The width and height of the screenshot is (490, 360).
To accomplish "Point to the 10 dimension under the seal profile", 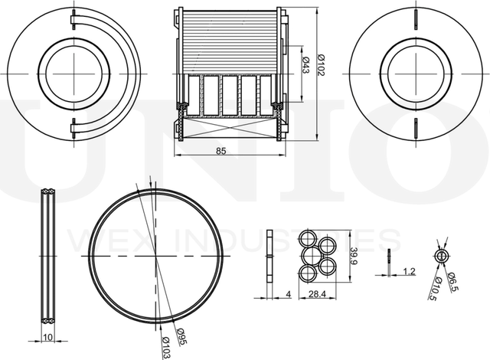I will [x=49, y=335].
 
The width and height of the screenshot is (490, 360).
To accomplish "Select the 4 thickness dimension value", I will [x=287, y=294].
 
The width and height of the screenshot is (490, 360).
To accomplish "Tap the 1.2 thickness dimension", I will [x=408, y=271].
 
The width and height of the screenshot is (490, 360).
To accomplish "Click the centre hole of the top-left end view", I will [x=75, y=74].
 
